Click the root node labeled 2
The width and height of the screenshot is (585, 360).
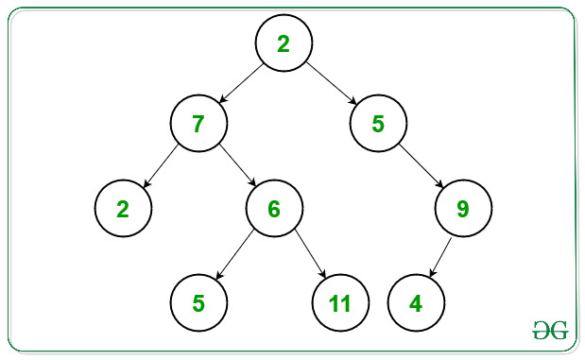[284, 43]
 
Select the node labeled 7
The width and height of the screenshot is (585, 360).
[198, 123]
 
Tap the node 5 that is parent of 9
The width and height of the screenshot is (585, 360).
[378, 123]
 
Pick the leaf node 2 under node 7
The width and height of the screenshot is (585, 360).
[123, 208]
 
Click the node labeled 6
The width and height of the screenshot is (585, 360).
[274, 208]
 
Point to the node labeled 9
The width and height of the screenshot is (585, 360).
[463, 208]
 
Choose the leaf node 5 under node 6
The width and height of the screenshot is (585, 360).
[198, 302]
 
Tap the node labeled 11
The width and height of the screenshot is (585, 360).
[340, 302]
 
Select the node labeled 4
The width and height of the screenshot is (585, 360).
[416, 302]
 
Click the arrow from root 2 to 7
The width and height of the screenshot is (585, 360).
[241, 83]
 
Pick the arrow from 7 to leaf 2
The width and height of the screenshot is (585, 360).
[162, 165]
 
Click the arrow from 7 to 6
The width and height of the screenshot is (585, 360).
[237, 165]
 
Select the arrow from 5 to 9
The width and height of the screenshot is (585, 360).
[422, 166]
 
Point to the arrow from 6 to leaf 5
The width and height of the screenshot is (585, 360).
[234, 254]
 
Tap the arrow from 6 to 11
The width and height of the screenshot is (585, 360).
[310, 253]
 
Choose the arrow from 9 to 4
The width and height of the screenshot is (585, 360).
[440, 257]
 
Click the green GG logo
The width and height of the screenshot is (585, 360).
[550, 330]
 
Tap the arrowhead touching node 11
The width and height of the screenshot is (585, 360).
[322, 274]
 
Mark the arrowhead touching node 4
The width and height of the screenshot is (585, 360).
[433, 273]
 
